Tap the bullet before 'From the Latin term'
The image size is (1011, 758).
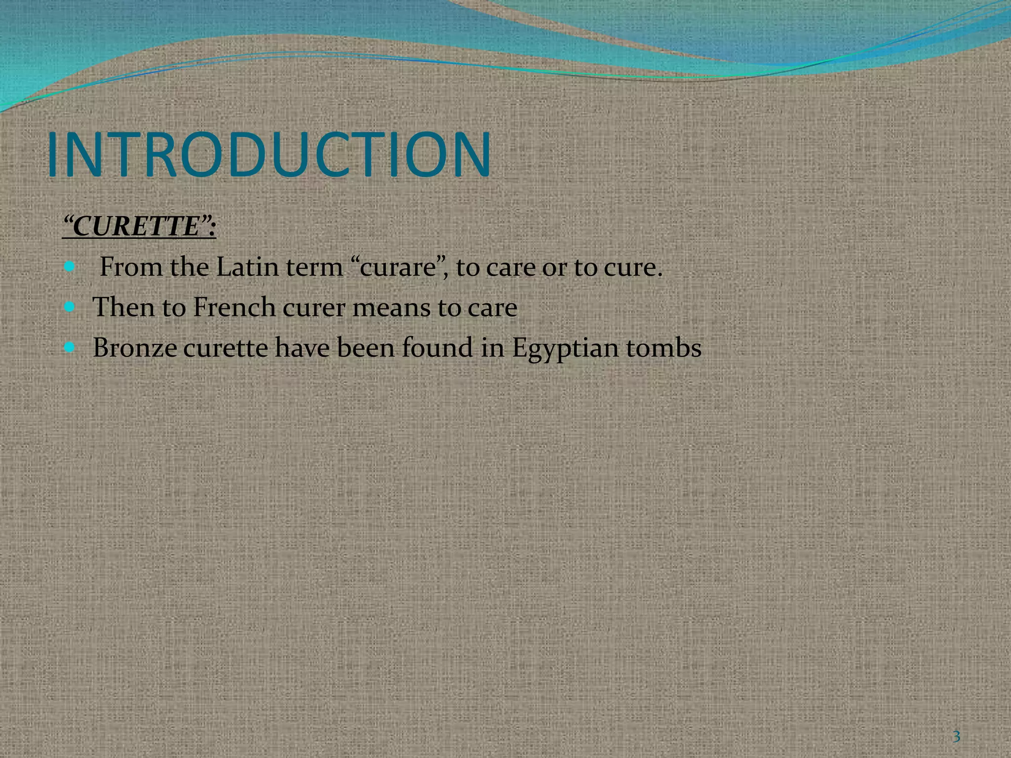coord(70,267)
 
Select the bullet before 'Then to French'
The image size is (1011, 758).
coord(70,307)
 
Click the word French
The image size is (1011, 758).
coord(233,307)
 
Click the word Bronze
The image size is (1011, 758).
coord(135,347)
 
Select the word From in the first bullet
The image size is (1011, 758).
coord(131,267)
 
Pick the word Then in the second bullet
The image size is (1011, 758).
coord(123,307)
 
